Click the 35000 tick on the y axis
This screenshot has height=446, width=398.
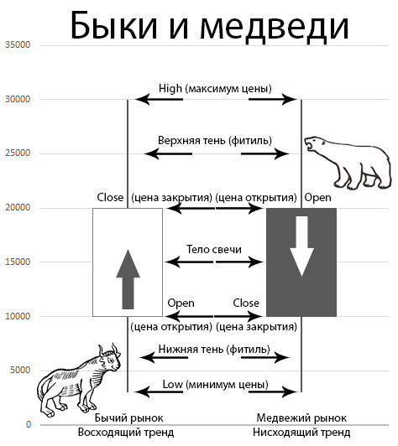[18, 44]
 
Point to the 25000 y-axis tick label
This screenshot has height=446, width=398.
[18, 153]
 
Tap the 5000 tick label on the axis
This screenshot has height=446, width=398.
[20, 370]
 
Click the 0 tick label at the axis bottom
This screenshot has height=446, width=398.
[29, 424]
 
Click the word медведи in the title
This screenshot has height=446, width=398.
[275, 26]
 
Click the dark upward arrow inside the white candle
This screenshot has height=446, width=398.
[128, 279]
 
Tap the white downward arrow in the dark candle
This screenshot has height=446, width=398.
[301, 246]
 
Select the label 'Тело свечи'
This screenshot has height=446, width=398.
[214, 249]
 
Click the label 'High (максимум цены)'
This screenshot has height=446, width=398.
[215, 89]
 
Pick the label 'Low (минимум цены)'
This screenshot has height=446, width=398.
[216, 385]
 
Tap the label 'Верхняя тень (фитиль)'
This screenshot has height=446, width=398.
[215, 141]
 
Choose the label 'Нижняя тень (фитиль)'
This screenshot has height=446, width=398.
[214, 349]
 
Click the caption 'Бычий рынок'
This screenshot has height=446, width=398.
[128, 417]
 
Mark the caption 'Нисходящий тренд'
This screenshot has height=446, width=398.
[301, 433]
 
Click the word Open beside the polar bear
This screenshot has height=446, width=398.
[317, 198]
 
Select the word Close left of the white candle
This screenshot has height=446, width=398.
[110, 197]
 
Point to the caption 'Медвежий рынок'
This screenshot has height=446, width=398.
[301, 417]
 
